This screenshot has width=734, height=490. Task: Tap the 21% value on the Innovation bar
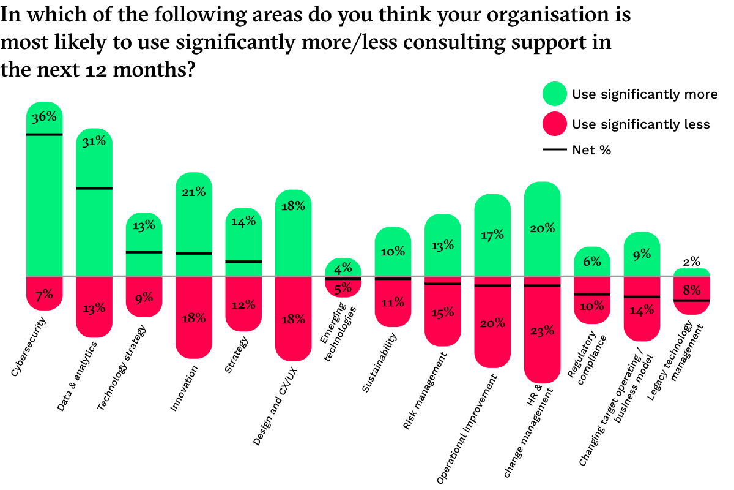point(193,192)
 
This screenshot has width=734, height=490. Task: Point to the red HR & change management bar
point(543,331)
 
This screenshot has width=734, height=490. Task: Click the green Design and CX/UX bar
point(294,239)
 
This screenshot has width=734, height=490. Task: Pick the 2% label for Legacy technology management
point(691,261)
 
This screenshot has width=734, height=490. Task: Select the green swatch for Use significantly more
point(554,94)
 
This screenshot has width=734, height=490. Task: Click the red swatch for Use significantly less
point(554,124)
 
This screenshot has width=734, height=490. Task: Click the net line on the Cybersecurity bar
point(45,134)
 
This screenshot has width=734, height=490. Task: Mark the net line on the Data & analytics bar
point(94,188)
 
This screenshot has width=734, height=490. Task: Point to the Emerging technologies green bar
point(343,268)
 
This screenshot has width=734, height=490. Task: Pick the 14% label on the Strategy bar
point(243,222)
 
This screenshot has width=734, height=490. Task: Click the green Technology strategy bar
point(144,239)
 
